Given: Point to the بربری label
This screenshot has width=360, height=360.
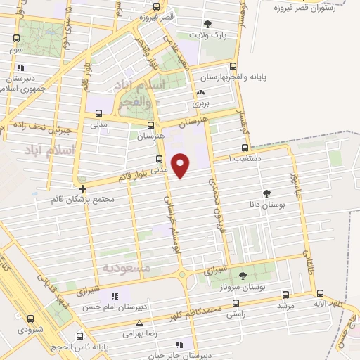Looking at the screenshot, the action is [x=202, y=103].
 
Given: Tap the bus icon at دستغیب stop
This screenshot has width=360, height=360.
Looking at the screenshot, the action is [x=245, y=148].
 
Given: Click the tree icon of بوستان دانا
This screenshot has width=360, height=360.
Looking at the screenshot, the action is [x=266, y=193].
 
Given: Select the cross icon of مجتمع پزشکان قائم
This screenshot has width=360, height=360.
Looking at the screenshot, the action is [x=83, y=188].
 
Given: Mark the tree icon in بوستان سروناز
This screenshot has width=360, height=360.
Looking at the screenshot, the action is [x=243, y=276].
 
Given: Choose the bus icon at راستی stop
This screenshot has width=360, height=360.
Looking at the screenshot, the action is [x=235, y=306].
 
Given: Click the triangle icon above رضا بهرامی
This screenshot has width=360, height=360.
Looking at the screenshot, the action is [x=139, y=323].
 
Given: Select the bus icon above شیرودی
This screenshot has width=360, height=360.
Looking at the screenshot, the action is [x=30, y=318].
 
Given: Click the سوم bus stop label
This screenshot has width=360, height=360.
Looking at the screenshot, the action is [x=18, y=51].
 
